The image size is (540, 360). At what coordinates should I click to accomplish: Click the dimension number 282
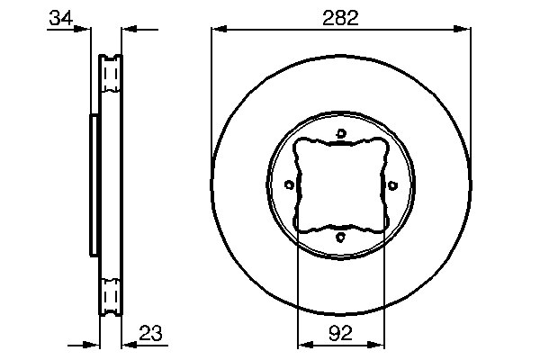(340, 18)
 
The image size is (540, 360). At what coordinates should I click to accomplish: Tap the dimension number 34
(61, 18)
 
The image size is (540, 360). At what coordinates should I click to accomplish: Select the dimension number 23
(150, 333)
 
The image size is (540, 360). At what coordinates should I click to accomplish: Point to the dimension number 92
(340, 333)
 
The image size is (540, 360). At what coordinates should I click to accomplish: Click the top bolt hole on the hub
(341, 133)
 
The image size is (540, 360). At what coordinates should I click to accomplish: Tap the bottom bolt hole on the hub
(340, 237)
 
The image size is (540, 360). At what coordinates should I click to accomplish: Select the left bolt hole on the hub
(289, 185)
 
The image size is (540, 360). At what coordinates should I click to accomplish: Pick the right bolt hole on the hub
(392, 185)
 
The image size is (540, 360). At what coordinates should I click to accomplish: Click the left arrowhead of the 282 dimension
(219, 29)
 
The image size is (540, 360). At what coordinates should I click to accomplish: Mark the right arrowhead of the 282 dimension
(463, 29)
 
